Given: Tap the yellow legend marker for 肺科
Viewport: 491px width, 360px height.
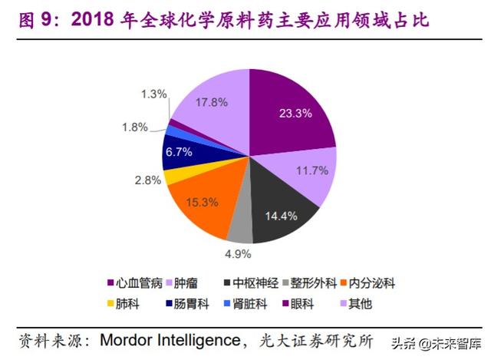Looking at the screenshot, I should pyautogui.click(x=110, y=303).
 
